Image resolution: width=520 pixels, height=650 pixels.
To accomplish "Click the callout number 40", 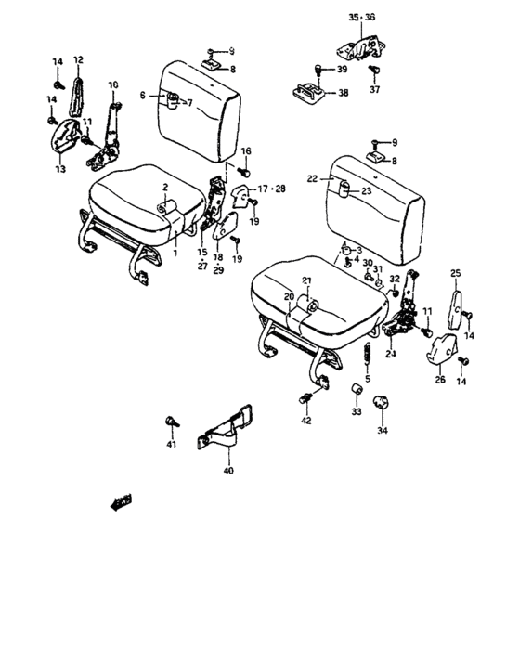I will click(x=228, y=471).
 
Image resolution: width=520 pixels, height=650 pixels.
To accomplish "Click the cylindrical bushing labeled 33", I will click(x=356, y=387).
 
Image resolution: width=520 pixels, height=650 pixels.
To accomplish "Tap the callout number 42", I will click(x=306, y=421).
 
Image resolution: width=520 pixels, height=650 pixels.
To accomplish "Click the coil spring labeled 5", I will click(x=367, y=355).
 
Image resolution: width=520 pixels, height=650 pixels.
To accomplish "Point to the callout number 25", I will click(x=455, y=272).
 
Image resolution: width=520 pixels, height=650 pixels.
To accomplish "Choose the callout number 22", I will click(x=313, y=178).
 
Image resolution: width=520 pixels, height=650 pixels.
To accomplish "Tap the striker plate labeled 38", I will click(x=311, y=92).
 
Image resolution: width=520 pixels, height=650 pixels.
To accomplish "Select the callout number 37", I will click(x=375, y=91).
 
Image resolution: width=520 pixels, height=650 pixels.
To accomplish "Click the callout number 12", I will click(x=78, y=60).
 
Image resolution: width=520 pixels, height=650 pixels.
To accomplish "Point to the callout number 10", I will click(x=113, y=84).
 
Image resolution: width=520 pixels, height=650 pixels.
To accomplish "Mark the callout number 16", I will click(x=246, y=150).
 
